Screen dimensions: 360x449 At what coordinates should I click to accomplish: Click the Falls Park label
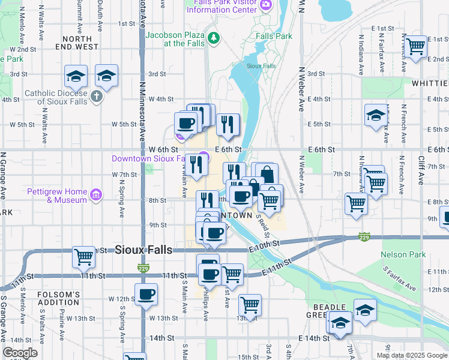tap(274, 36)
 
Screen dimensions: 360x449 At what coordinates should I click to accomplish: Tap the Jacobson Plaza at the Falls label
tap(174, 39)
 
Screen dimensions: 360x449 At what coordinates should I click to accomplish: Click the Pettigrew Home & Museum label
tap(58, 196)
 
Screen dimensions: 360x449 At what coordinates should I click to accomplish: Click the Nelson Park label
tap(403, 254)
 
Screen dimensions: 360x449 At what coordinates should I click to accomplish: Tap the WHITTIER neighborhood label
tap(430, 83)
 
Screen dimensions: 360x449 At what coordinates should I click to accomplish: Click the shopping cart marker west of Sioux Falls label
tap(84, 257)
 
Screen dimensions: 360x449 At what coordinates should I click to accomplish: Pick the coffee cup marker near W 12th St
tap(146, 295)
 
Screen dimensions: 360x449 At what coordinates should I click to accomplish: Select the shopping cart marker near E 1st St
tap(415, 46)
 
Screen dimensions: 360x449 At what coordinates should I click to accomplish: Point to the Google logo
tap(20, 353)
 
